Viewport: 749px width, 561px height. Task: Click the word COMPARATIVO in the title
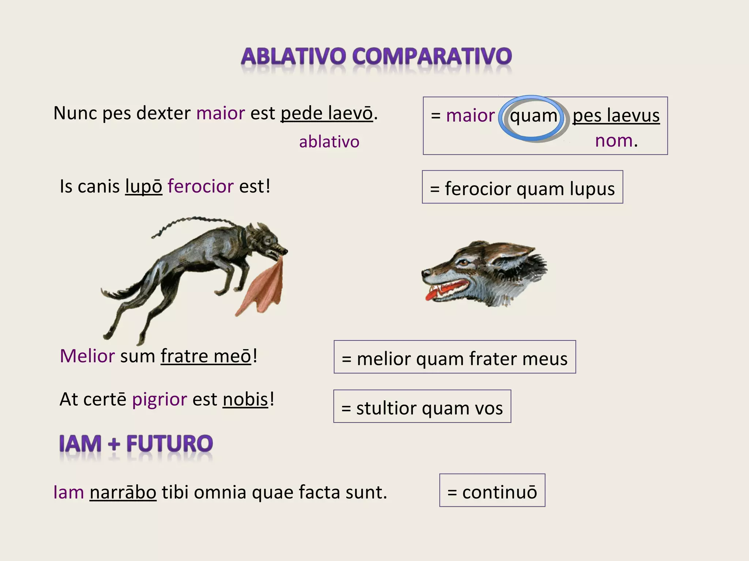coord(432,57)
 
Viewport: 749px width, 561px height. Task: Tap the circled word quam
coord(534,117)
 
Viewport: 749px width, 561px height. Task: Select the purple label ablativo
coord(329,142)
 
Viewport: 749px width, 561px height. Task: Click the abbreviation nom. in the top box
coord(616,141)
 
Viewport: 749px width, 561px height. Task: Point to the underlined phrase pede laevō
coord(327,113)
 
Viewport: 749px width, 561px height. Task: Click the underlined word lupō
coord(143,187)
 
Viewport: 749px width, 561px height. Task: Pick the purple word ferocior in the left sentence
coord(200,186)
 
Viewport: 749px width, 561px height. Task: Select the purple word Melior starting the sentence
coord(87,356)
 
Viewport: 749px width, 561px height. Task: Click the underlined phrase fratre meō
coord(206,356)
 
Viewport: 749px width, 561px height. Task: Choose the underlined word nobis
coord(245,400)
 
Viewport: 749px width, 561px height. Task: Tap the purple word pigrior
coord(159,400)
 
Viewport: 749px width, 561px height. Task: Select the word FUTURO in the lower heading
coord(169,444)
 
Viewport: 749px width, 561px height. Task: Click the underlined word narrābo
coord(123,492)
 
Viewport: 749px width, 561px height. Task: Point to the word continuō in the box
coord(500,492)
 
